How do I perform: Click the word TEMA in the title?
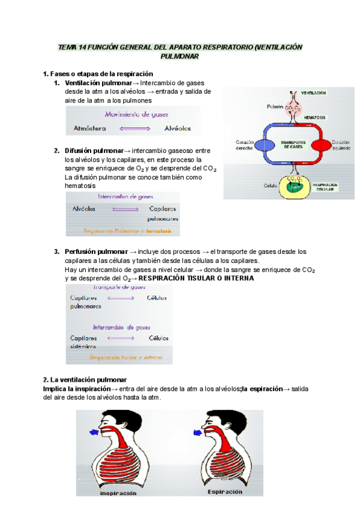pyautogui.click(x=66, y=47)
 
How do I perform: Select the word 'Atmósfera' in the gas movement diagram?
pyautogui.click(x=90, y=128)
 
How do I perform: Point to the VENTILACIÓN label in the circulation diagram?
pyautogui.click(x=314, y=93)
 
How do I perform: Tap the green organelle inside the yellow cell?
pyautogui.click(x=294, y=185)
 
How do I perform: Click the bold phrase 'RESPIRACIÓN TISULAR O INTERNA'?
pyautogui.click(x=196, y=279)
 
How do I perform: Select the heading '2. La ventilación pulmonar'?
pyautogui.click(x=85, y=380)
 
